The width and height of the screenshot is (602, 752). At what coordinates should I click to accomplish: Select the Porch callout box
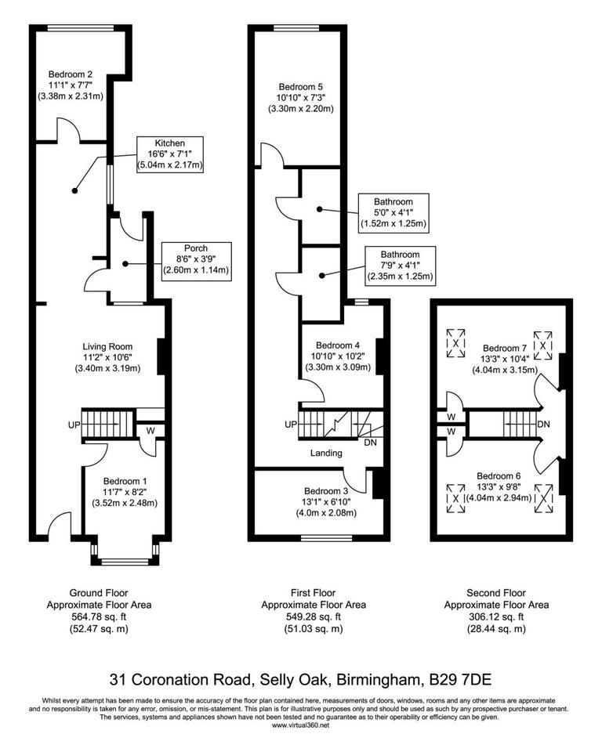click(x=195, y=259)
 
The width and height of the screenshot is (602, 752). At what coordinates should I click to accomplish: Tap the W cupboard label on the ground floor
click(x=150, y=429)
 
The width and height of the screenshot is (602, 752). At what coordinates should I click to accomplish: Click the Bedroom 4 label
click(x=337, y=356)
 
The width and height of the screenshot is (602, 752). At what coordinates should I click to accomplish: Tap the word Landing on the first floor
click(x=325, y=453)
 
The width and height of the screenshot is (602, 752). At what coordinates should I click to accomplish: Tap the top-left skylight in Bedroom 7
click(x=455, y=342)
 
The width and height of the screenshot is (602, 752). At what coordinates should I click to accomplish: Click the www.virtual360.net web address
click(x=300, y=725)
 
